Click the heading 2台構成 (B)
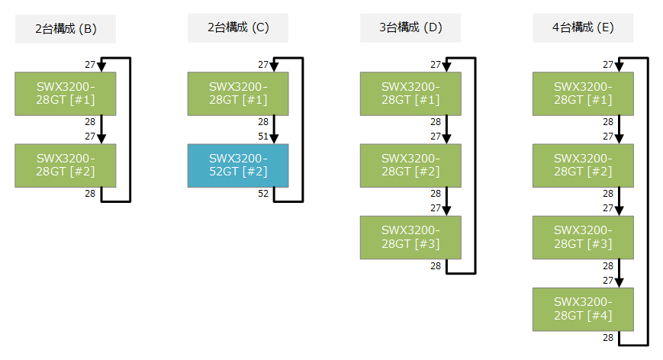(66, 29)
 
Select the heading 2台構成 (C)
(238, 28)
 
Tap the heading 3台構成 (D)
(410, 28)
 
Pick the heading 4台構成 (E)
(583, 28)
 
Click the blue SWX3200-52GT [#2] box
(238, 166)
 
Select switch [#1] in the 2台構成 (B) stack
(66, 94)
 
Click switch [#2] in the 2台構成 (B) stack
(66, 166)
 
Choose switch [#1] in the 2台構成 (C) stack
(238, 94)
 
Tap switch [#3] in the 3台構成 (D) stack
(410, 237)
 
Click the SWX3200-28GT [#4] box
(583, 309)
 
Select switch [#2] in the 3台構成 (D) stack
(410, 166)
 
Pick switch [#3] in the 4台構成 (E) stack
(583, 237)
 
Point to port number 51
(262, 137)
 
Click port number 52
(262, 194)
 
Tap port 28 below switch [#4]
(608, 337)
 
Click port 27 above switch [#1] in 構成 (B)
(90, 65)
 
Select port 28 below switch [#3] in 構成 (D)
(436, 265)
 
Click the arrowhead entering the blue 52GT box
(274, 139)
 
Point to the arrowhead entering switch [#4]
(619, 282)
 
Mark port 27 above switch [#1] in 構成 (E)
(608, 65)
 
